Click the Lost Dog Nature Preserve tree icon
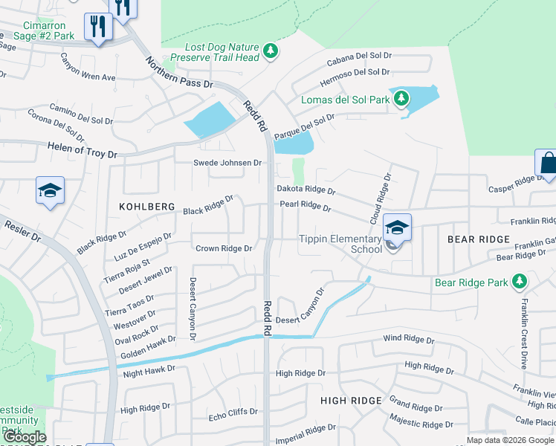tap(272, 51)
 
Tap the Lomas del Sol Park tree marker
tap(401, 98)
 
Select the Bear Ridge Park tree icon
tap(520, 282)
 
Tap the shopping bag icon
tap(547, 164)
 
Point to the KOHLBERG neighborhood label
tap(146, 206)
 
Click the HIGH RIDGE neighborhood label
tap(351, 401)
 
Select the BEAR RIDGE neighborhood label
tap(479, 239)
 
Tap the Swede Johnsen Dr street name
tap(227, 163)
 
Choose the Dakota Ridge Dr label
tap(306, 190)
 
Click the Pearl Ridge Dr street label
tap(305, 206)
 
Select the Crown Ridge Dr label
tap(223, 248)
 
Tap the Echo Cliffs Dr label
tap(233, 411)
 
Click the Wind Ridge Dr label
tap(408, 339)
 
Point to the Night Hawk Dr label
tap(149, 369)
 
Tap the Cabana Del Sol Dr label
tap(365, 55)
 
